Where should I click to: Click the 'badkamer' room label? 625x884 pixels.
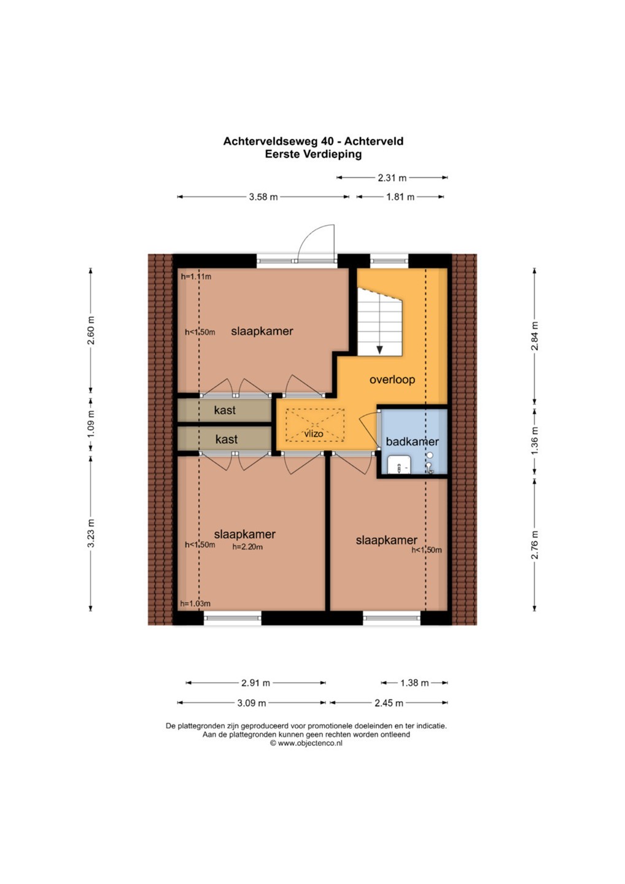pyautogui.click(x=412, y=441)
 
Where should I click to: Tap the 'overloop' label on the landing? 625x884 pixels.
pyautogui.click(x=392, y=379)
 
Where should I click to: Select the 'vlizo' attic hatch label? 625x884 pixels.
pyautogui.click(x=314, y=433)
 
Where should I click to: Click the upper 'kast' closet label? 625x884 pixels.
pyautogui.click(x=225, y=410)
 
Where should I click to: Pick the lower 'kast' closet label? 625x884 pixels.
pyautogui.click(x=227, y=440)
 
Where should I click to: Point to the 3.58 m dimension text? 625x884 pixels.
pyautogui.click(x=263, y=196)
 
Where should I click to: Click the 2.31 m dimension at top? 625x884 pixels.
pyautogui.click(x=392, y=178)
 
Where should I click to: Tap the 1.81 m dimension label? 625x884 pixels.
pyautogui.click(x=400, y=196)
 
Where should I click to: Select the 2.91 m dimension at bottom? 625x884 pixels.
pyautogui.click(x=255, y=683)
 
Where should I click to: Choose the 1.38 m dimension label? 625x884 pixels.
pyautogui.click(x=414, y=683)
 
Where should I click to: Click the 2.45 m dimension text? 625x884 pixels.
pyautogui.click(x=389, y=703)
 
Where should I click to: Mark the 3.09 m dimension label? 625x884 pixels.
pyautogui.click(x=251, y=703)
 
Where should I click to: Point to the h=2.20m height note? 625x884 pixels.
pyautogui.click(x=247, y=547)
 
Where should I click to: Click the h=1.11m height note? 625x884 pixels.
pyautogui.click(x=196, y=277)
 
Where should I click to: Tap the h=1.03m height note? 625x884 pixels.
pyautogui.click(x=195, y=603)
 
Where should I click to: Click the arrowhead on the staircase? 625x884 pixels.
pyautogui.click(x=379, y=350)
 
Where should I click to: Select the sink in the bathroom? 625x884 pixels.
pyautogui.click(x=399, y=465)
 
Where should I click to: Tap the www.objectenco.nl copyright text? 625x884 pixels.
pyautogui.click(x=306, y=743)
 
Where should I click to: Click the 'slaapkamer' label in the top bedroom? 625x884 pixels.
pyautogui.click(x=262, y=331)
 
